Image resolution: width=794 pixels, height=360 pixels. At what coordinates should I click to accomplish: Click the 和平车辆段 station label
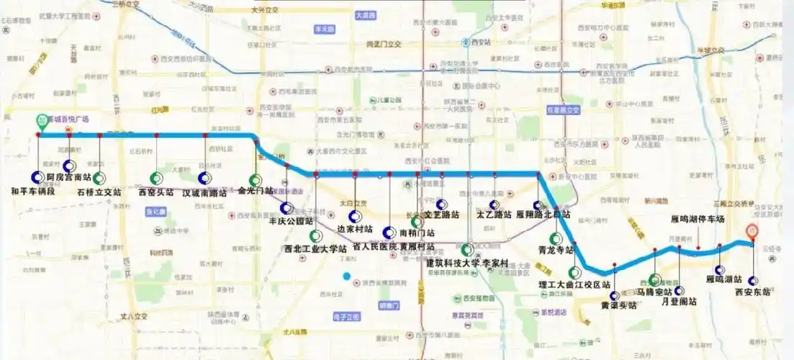click(x=35, y=192)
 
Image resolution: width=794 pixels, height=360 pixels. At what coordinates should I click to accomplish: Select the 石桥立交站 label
click(x=100, y=192)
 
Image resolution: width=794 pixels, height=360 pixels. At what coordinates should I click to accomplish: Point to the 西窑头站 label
click(x=155, y=192)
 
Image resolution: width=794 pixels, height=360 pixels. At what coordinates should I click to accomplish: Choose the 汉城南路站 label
click(x=204, y=192)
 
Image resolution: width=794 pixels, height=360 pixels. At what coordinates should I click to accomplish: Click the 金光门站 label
click(x=255, y=192)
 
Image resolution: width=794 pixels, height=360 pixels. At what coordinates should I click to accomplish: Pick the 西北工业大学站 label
click(x=315, y=249)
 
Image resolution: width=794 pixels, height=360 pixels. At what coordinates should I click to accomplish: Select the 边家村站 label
click(x=355, y=229)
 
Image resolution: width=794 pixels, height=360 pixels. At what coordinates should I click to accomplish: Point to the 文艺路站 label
click(x=442, y=215)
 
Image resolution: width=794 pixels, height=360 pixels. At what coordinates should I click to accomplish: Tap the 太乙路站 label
click(x=494, y=215)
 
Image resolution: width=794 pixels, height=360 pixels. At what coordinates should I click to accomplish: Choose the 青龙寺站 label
click(x=555, y=251)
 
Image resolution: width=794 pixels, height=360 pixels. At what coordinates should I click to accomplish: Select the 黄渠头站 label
click(x=618, y=305)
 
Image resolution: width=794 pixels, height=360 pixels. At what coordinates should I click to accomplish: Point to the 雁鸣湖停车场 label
click(x=697, y=219)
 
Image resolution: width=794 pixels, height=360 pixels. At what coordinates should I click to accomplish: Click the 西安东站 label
click(x=752, y=292)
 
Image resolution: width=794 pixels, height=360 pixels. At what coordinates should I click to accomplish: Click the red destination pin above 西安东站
click(x=752, y=232)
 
